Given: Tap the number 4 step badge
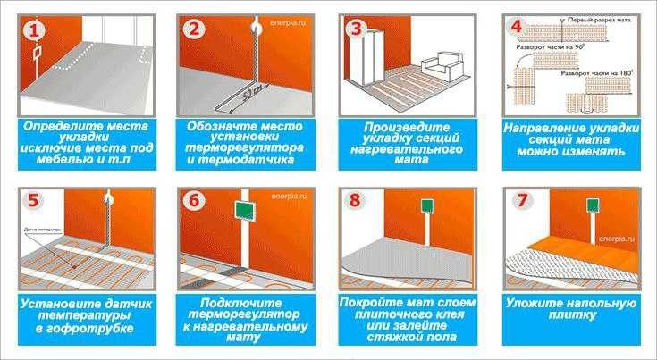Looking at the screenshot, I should (516, 28).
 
